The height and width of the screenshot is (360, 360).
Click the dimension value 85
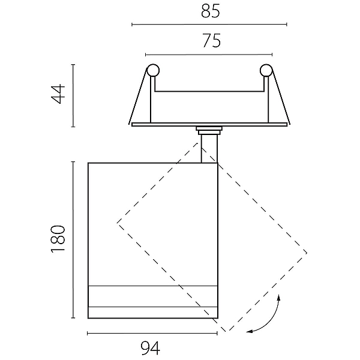[211, 11]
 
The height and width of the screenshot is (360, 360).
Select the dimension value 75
[212, 41]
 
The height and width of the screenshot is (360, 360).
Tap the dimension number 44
[58, 94]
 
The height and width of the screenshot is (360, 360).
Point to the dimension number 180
[58, 239]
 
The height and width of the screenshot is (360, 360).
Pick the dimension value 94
[151, 348]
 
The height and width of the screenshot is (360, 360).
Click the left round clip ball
[153, 70]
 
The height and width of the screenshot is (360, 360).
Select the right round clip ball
[266, 70]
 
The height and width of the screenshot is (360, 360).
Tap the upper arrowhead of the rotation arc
[279, 298]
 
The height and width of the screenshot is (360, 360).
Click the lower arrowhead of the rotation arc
[250, 331]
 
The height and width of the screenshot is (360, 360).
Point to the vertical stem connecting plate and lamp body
[209, 149]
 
